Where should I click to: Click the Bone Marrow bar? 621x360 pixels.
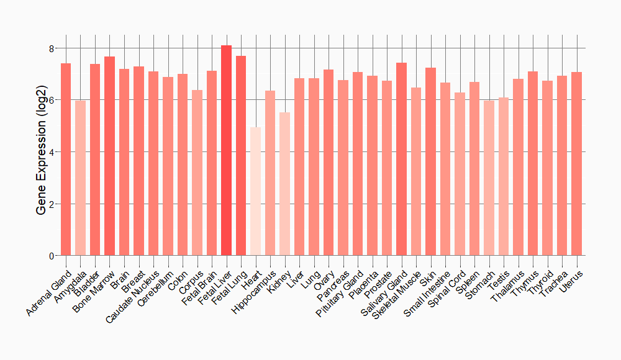pyautogui.click(x=109, y=156)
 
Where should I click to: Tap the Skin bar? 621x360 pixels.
pyautogui.click(x=430, y=161)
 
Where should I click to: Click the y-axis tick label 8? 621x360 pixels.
pyautogui.click(x=52, y=48)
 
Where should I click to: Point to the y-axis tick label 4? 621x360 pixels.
pyautogui.click(x=52, y=152)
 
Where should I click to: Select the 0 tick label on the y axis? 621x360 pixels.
pyautogui.click(x=52, y=256)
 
